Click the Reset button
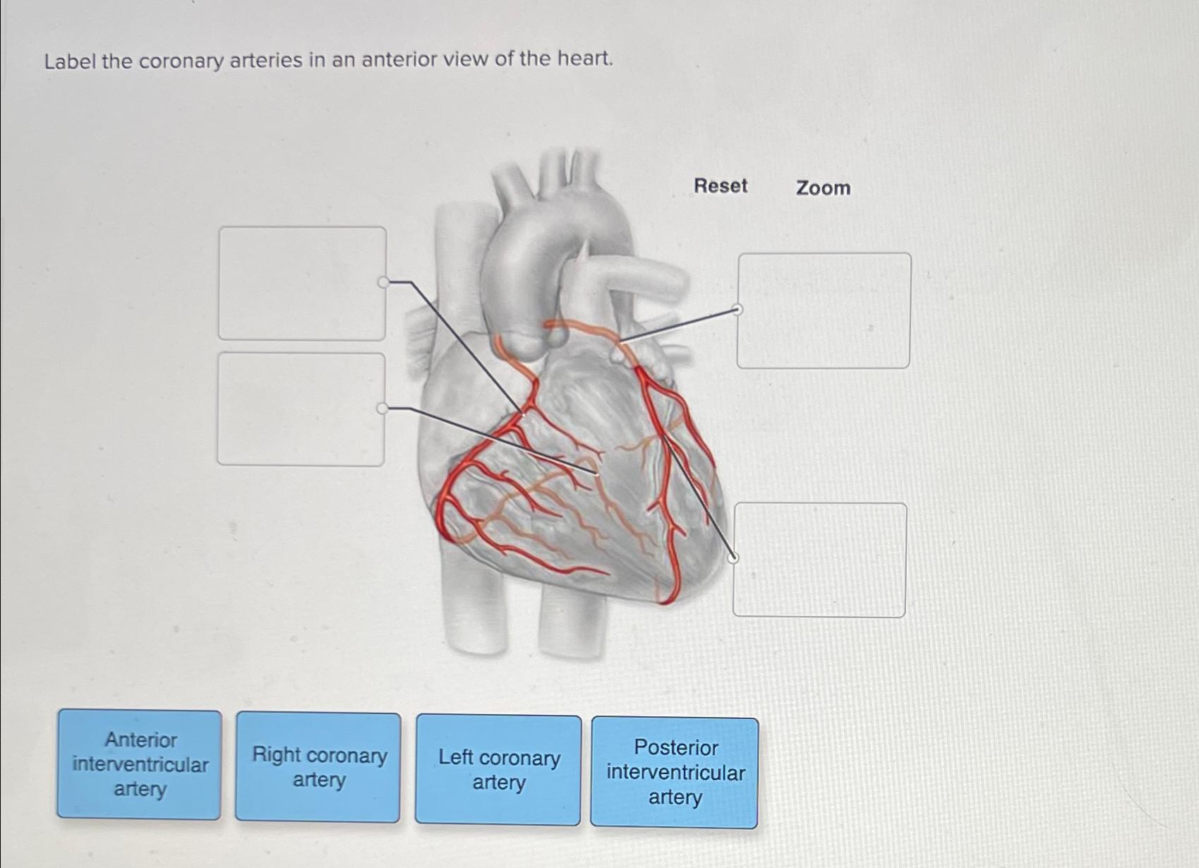tap(720, 186)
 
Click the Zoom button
tap(823, 188)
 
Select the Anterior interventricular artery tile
tap(140, 764)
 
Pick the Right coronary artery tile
tap(318, 767)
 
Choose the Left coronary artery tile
tap(498, 769)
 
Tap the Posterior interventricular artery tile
tap(675, 772)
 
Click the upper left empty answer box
tap(302, 283)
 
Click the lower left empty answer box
tap(301, 409)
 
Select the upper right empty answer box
tap(824, 311)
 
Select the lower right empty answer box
tap(819, 560)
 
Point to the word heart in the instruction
tap(584, 58)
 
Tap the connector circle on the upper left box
tap(383, 282)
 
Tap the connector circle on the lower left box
tap(382, 409)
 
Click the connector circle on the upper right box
tap(737, 309)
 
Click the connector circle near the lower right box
tap(733, 557)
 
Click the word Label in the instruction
tap(70, 62)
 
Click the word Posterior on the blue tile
tap(675, 747)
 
